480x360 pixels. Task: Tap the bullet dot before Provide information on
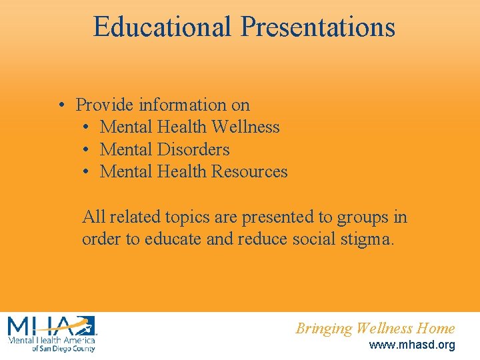tap(61, 105)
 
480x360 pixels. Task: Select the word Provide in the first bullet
tap(101, 105)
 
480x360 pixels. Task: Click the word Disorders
tap(193, 149)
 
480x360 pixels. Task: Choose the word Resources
tap(249, 171)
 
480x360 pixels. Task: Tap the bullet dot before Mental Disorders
tap(87, 150)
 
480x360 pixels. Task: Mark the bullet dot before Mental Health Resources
tap(87, 172)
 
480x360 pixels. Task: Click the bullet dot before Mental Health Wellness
tap(87, 127)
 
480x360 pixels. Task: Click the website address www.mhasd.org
tap(412, 345)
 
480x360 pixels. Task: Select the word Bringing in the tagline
tap(324, 329)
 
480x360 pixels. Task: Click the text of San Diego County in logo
tap(63, 348)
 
